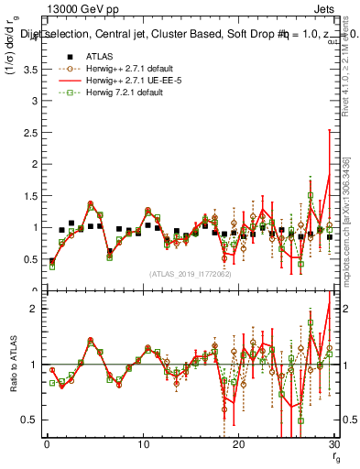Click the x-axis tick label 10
[142, 444]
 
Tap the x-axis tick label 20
[238, 444]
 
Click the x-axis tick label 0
[47, 444]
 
